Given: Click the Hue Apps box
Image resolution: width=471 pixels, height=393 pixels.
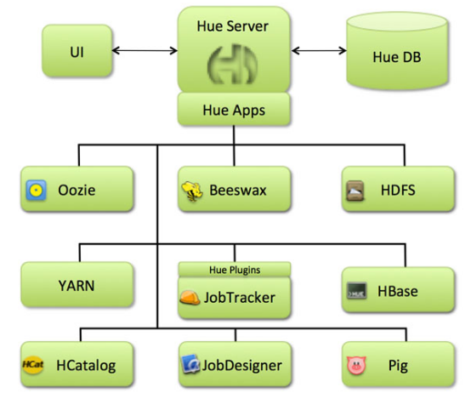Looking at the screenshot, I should point(235,109).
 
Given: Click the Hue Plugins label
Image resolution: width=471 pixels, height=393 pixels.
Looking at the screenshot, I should point(234,270).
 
